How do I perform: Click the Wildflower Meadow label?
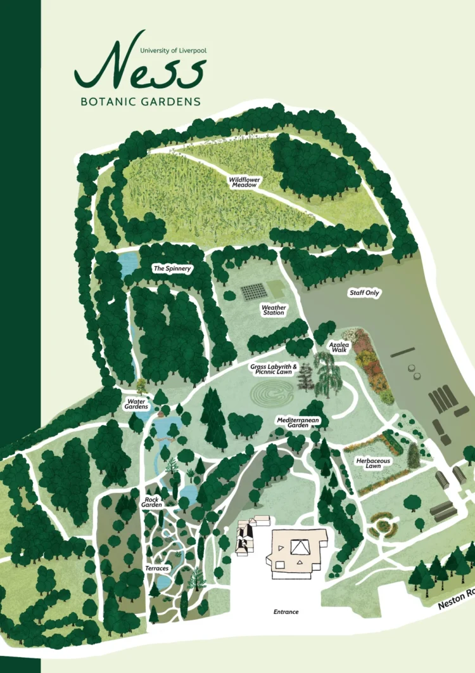click(243, 182)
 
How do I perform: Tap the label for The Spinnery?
click(172, 269)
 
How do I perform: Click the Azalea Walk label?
click(338, 346)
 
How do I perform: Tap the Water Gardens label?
click(137, 403)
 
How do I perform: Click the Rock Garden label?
click(151, 502)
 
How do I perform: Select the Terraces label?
click(156, 568)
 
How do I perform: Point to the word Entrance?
click(286, 612)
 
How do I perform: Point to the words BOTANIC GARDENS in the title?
click(141, 101)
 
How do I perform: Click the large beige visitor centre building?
click(298, 553)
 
